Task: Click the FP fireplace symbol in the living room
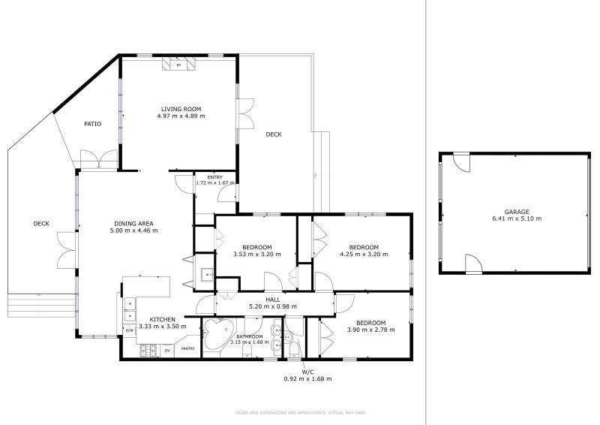coord(178,65)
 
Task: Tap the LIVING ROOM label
coord(181,109)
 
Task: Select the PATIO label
coord(92,124)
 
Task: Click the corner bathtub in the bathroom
coord(220,333)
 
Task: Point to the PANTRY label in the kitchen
coord(188,348)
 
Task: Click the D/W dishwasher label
coord(129,330)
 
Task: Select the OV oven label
coord(166,349)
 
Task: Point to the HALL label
coord(273,299)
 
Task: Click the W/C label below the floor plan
coord(307,372)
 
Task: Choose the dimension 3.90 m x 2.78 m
coord(370,330)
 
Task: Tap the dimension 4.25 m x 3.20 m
coord(363,255)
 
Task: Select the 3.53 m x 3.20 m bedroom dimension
coord(257,255)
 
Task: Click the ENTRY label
coord(215,177)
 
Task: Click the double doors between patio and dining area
coord(98,160)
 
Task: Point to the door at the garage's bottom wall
coord(472,264)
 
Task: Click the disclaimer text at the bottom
coord(301,412)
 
